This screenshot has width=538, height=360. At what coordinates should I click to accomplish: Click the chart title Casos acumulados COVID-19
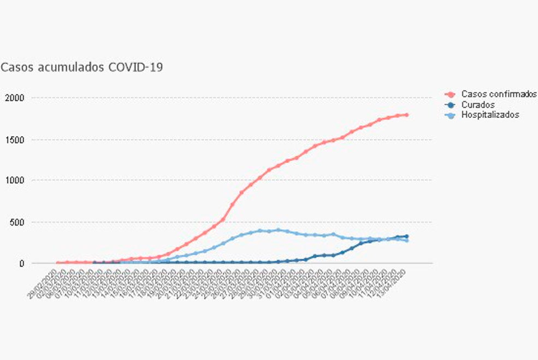point(82,68)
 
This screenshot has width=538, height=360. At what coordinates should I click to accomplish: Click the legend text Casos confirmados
point(499,95)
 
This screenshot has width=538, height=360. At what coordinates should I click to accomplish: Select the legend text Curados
point(478,105)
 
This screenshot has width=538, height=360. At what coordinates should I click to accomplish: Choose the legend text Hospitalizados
point(490,115)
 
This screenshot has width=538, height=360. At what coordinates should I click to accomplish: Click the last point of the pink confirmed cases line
point(407,115)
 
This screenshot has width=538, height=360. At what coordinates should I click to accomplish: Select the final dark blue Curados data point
point(407,236)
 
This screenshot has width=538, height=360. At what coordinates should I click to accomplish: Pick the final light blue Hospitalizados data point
point(407,240)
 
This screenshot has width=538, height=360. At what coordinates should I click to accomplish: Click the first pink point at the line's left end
point(58,263)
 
